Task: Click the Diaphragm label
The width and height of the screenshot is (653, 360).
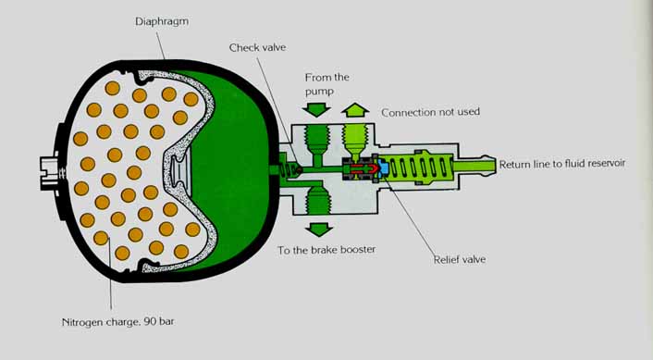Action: coord(162,21)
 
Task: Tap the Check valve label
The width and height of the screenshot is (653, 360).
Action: coord(257,47)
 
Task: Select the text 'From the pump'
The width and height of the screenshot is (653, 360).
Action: coord(326,83)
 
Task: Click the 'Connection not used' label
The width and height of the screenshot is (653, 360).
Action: coord(431,112)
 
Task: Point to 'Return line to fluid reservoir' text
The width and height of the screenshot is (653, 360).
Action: coord(562,164)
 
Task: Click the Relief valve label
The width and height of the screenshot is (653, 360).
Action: coord(460,259)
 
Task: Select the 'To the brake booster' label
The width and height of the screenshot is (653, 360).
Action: coord(326,250)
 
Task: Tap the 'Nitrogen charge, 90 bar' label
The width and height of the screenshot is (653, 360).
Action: coord(117,322)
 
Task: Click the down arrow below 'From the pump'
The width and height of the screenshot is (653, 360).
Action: coord(316,109)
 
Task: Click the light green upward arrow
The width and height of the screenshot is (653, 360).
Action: coord(355,110)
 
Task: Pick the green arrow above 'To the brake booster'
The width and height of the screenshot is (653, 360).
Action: coord(319,230)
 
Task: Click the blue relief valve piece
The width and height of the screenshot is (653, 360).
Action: coord(383,168)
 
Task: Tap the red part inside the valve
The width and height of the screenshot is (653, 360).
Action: coord(363,168)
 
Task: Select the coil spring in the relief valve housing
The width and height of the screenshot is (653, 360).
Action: coord(416,168)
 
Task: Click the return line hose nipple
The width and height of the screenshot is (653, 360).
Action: coord(474,166)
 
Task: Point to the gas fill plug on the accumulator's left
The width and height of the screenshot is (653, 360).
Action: coord(52,173)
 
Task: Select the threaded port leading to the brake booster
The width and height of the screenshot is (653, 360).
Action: coord(318,198)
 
